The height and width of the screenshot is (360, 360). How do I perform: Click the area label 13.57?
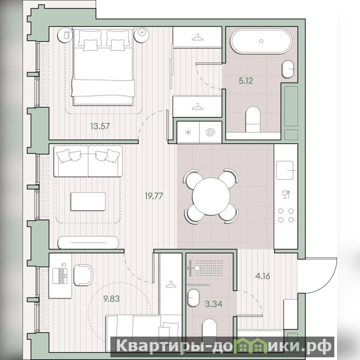click(x=100, y=126)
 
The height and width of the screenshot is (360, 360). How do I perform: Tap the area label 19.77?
click(x=154, y=196)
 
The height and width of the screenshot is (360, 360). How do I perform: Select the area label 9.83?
click(x=111, y=299)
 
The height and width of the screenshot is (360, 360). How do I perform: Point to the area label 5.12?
click(x=246, y=81)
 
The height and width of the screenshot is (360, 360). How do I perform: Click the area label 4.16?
click(x=263, y=276)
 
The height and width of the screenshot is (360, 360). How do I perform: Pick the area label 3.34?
click(x=214, y=304)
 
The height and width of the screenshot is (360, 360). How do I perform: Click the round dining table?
click(x=211, y=196)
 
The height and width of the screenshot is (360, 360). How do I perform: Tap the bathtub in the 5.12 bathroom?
click(x=261, y=41)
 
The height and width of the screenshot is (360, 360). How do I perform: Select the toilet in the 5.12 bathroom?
click(x=253, y=119)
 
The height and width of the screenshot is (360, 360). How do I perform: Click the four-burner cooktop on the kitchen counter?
click(x=286, y=215)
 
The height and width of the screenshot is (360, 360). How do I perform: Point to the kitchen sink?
click(x=285, y=170)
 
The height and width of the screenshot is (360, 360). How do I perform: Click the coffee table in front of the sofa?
click(x=88, y=201)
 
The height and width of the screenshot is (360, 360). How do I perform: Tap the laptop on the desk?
click(x=60, y=276)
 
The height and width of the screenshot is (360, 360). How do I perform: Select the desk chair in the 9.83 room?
click(x=83, y=275)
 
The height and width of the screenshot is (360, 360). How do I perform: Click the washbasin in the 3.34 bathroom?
click(x=193, y=298)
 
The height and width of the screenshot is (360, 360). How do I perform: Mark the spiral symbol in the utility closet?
click(x=211, y=132)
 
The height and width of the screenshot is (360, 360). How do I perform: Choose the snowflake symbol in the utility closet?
click(x=188, y=132)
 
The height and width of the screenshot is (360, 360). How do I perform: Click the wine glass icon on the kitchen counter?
click(x=286, y=195)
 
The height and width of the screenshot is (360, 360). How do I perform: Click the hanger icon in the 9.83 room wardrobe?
click(x=170, y=284)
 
